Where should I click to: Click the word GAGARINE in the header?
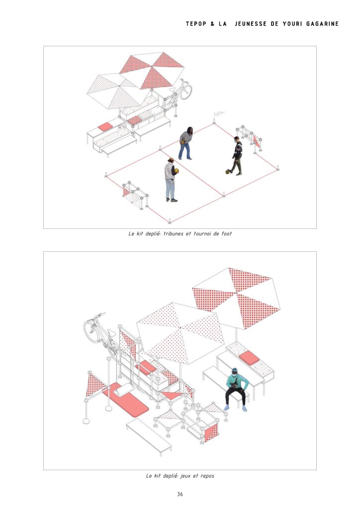[322, 24]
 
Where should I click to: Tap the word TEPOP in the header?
[195, 24]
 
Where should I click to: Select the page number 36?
[180, 494]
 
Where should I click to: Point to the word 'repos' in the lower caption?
[207, 476]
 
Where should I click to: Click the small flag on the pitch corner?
[219, 113]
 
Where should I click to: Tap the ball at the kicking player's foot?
[228, 171]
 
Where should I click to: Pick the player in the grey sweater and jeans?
[186, 143]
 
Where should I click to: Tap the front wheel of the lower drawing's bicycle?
[92, 329]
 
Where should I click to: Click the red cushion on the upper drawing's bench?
[105, 126]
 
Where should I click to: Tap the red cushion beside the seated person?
[250, 357]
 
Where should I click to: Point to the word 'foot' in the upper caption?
[227, 233]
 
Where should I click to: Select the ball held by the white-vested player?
[177, 171]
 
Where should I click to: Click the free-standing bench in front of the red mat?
[149, 436]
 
